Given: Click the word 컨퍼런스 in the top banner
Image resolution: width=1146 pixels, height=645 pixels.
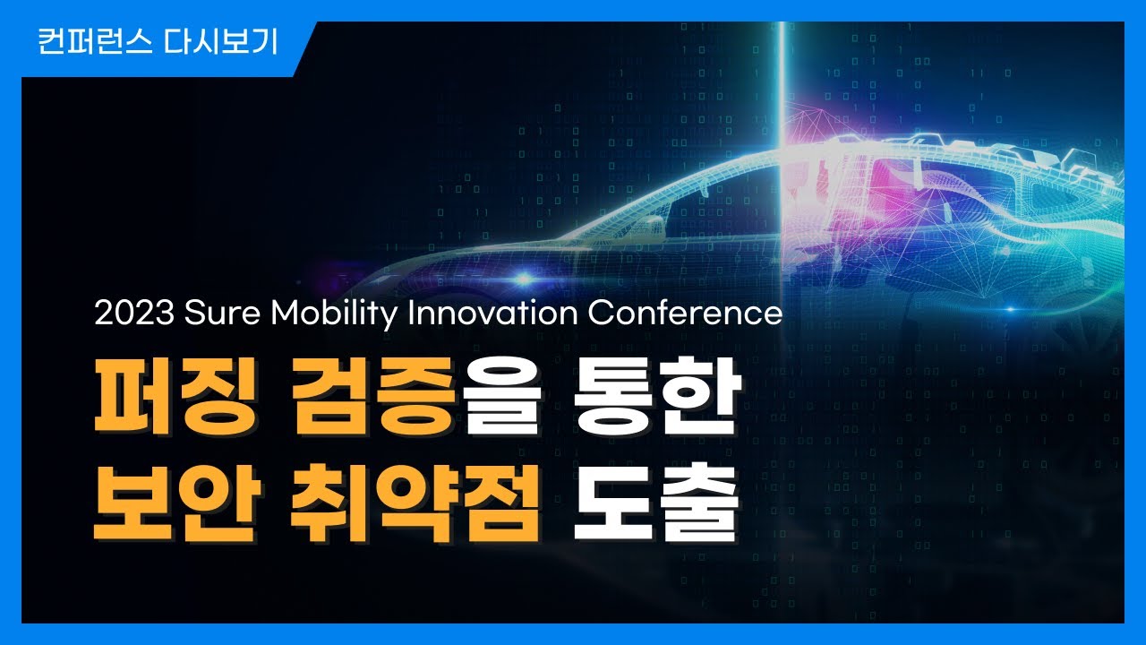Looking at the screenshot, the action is point(95,42).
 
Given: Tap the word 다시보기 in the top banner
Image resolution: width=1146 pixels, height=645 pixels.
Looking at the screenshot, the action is point(220,42).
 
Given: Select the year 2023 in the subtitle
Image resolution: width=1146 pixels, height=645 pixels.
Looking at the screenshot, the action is point(134,313).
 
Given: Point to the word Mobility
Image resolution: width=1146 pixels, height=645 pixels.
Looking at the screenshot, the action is point(334,314).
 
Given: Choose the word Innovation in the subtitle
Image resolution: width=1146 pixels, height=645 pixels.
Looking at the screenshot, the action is point(492,313).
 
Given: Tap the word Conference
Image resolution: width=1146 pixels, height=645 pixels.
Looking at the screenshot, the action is point(686,313).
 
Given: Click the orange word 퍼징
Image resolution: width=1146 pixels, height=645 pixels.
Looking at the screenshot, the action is point(176,396).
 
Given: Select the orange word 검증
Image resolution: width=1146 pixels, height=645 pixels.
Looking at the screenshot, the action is point(374,396).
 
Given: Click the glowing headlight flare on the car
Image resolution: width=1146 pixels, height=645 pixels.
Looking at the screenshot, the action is point(523,279).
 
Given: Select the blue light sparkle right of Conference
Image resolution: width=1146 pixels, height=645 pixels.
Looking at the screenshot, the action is point(1011,309).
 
